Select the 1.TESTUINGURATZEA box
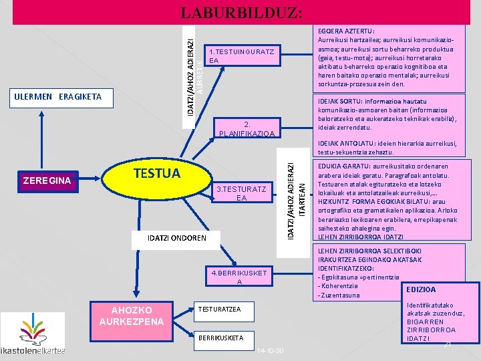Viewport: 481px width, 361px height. [x=241, y=56]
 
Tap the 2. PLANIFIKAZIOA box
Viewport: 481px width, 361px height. [x=247, y=128]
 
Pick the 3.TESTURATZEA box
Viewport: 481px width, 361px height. [x=241, y=193]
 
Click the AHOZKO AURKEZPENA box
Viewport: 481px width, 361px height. [x=132, y=316]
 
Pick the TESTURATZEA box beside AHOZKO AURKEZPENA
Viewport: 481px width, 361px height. [x=220, y=308]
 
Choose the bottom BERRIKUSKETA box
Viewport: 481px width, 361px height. [x=218, y=338]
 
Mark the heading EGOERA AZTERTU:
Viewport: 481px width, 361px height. [x=345, y=31]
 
